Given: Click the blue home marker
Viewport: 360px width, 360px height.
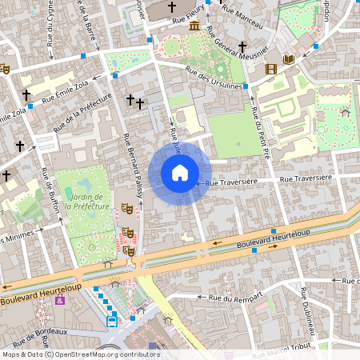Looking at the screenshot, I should (180, 173).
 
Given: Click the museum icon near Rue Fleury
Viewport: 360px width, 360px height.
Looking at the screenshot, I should (194, 26).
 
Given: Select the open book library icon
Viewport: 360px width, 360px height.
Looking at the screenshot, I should (288, 59).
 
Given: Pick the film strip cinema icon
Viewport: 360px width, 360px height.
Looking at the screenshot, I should (271, 69).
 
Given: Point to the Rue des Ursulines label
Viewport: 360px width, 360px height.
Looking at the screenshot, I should (214, 77).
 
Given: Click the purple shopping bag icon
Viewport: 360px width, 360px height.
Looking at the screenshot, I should (59, 300).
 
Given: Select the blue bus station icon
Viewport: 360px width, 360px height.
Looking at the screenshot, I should (112, 322).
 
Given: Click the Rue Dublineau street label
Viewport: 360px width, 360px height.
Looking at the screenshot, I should (308, 316).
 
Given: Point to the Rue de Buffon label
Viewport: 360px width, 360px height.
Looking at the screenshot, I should (50, 194).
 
